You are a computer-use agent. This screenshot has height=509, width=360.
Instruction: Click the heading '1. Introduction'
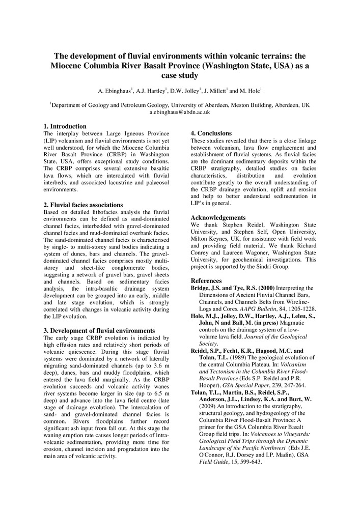click(x=65, y=126)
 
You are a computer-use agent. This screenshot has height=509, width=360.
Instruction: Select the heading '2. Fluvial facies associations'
click(x=83, y=205)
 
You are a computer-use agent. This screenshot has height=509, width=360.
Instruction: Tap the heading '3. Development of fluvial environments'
click(x=99, y=330)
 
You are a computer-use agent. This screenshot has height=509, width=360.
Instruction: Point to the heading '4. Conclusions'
click(x=211, y=133)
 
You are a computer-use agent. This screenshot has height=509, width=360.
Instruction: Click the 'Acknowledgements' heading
click(x=218, y=217)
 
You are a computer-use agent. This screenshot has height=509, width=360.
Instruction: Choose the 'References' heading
click(x=206, y=280)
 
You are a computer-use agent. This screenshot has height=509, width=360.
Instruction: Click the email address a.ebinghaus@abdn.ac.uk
click(x=180, y=112)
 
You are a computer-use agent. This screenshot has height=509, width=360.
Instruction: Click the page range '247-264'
click(x=289, y=385)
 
